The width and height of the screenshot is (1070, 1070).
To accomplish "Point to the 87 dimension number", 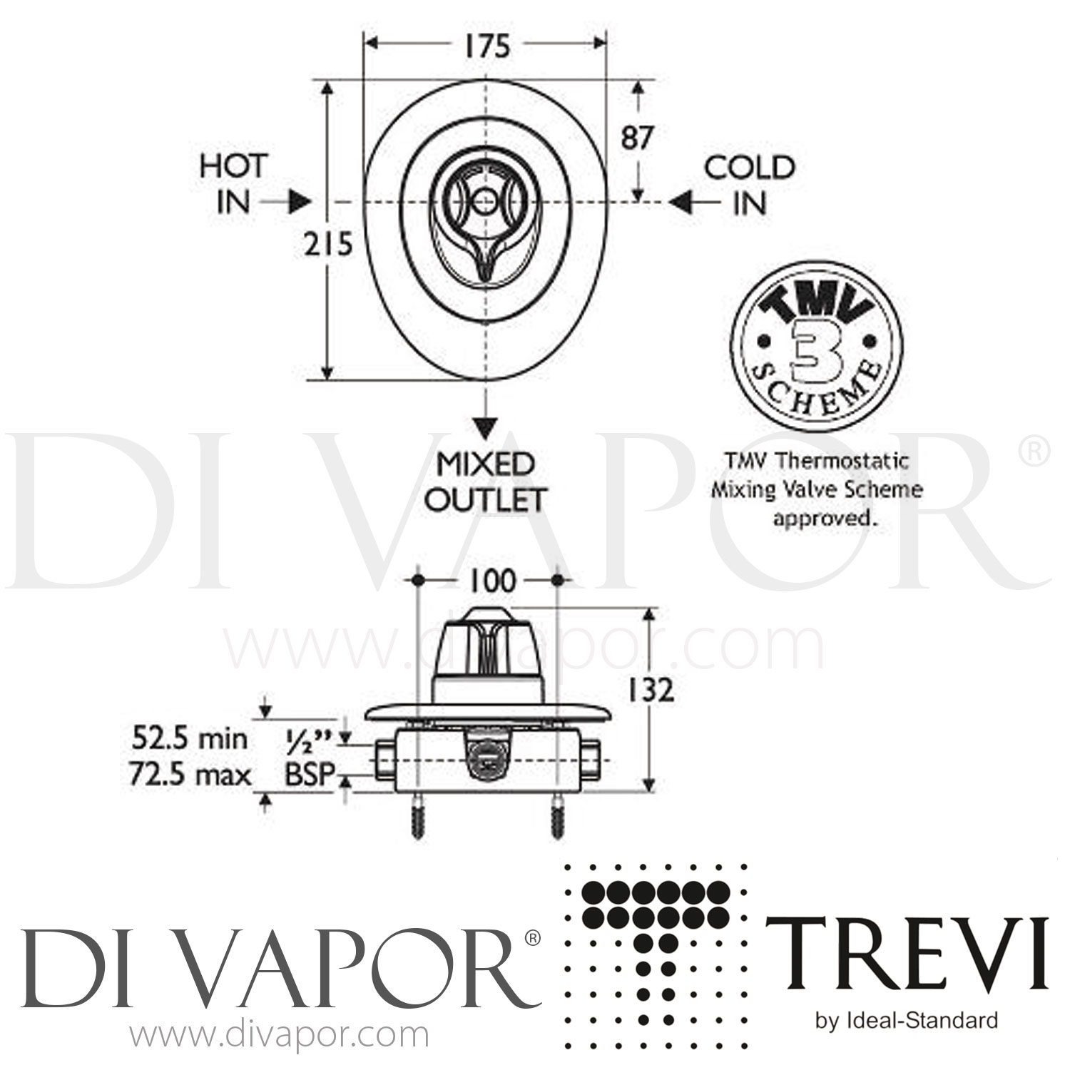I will coord(636,138).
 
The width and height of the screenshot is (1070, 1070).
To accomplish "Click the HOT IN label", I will coord(233,185).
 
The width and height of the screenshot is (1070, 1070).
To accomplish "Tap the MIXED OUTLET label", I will coord(486,482).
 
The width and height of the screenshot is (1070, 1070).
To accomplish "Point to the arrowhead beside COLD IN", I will coord(681,203).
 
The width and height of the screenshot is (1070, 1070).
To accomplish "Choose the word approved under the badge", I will coord(824,519).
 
